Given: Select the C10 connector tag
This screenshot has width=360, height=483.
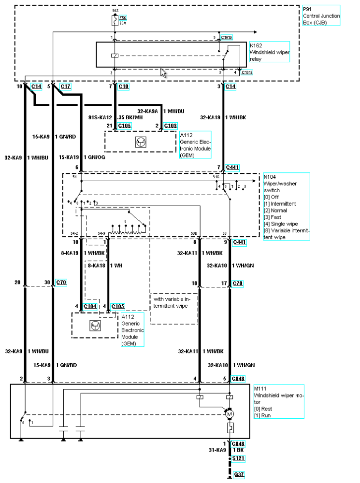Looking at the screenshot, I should (124, 86).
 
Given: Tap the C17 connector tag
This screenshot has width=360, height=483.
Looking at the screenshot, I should (66, 86).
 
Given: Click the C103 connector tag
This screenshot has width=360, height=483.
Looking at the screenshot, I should (171, 126).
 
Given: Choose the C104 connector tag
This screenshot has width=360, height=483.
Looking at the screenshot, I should (90, 306).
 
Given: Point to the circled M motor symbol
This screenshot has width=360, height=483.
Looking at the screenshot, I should (230, 414).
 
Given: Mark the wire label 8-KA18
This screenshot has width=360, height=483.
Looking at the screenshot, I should (97, 265).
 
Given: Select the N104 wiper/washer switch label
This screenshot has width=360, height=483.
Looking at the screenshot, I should (286, 200).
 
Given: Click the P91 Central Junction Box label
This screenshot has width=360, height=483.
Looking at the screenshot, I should (321, 15).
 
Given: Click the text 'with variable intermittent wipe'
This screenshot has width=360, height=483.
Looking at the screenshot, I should (174, 302).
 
